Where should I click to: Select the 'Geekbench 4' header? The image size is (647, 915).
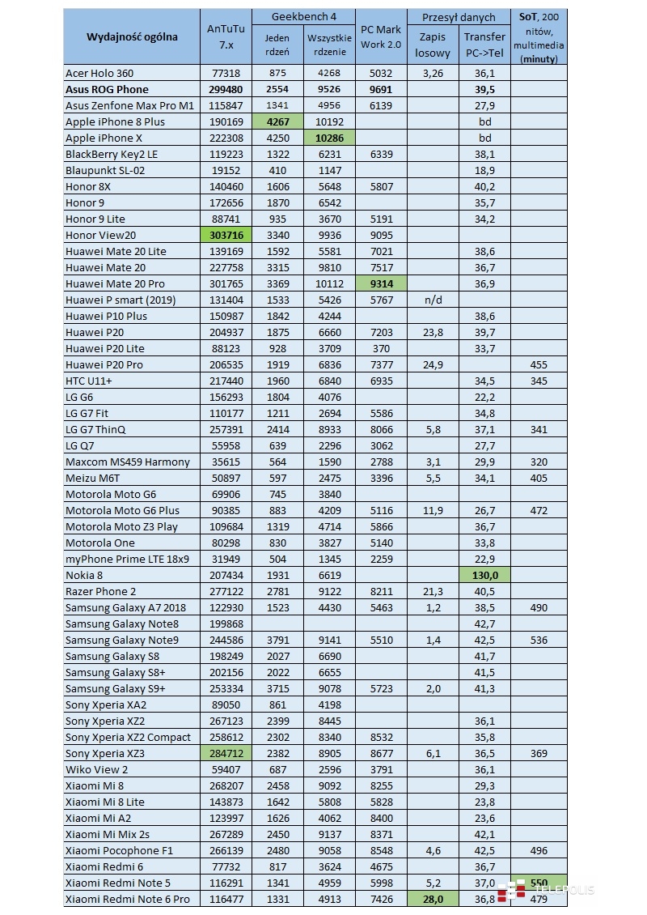point(303,16)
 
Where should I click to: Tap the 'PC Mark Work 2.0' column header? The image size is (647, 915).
point(381,36)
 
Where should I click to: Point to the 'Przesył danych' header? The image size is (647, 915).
point(458,16)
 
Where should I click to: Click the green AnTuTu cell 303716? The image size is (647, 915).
point(226,235)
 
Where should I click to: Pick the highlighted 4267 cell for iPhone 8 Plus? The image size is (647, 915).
point(277,121)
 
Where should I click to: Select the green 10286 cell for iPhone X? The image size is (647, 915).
point(329,138)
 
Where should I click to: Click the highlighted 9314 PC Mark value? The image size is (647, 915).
point(381,283)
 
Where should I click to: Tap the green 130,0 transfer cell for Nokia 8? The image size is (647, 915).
point(484,575)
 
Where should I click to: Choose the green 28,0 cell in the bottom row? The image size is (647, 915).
point(433,899)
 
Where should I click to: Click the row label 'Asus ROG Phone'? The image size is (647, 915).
point(107,89)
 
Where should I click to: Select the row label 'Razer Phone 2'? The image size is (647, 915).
point(101,591)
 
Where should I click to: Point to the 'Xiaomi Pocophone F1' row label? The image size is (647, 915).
point(119,850)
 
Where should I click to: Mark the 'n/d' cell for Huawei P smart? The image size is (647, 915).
point(433,300)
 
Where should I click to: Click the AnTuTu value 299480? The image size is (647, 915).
point(226,89)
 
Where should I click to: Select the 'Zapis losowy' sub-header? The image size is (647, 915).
point(433,45)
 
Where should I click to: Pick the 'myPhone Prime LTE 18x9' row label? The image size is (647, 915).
point(128,559)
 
